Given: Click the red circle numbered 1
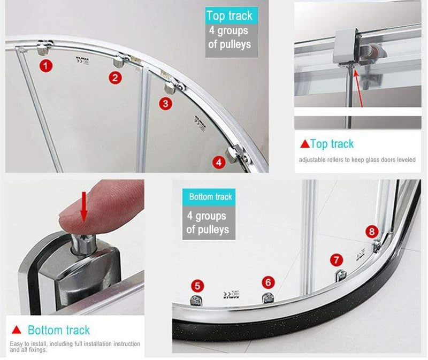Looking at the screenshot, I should tap(47, 66).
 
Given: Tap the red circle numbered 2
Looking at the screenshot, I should tap(114, 78).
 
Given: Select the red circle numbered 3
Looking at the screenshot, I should tap(166, 103).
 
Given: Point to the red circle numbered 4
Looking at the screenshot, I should tap(218, 162).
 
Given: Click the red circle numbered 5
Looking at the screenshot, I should tap(198, 286).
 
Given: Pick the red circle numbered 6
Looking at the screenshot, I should tap(268, 282).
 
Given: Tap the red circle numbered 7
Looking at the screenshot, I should tap(336, 261).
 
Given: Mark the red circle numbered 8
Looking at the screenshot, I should tap(372, 232).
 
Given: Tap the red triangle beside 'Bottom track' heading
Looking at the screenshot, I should tap(17, 330).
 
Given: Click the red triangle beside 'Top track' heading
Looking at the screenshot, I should tap(304, 143).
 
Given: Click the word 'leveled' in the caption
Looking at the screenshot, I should tap(403, 159).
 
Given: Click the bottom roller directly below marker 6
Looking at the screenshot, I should tap(267, 297).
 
